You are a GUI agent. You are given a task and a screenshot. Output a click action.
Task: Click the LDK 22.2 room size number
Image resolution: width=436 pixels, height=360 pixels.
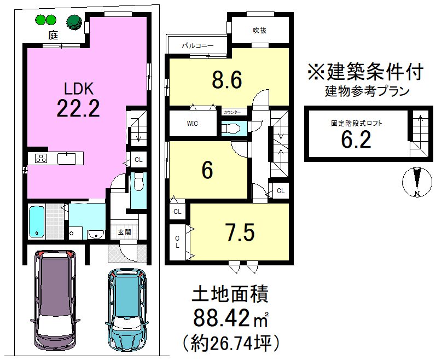tap(78, 109)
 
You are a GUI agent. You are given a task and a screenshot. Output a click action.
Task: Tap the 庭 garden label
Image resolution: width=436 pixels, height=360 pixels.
tap(53, 36)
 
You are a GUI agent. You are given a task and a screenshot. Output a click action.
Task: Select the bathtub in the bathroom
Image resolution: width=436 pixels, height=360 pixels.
tap(37, 222)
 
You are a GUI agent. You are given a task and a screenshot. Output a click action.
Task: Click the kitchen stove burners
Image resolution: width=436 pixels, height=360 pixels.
tap(40, 159)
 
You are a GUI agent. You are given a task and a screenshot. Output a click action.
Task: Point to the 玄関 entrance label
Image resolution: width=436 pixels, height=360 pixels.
tap(124, 232)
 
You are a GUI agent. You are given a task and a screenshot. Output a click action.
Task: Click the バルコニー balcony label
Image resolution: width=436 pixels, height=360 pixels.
tap(197, 46)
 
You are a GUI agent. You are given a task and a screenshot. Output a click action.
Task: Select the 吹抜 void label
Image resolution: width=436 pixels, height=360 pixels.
tap(259, 31)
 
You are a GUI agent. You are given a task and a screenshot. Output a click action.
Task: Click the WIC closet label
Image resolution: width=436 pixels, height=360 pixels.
tap(192, 123)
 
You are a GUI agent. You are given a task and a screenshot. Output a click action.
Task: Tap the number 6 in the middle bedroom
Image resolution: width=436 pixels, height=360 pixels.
tap(207, 171)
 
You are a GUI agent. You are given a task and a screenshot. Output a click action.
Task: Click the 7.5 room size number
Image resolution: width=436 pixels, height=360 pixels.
tap(240, 233)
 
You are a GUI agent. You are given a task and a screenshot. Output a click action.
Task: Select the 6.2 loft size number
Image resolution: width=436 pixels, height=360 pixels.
tap(356, 140)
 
